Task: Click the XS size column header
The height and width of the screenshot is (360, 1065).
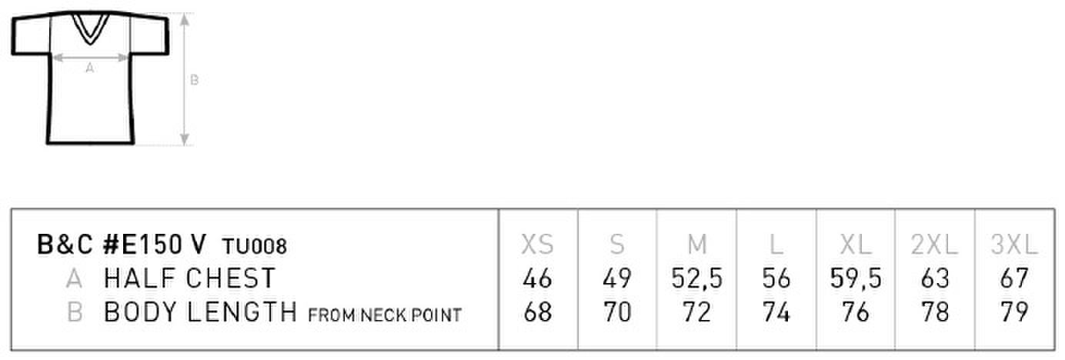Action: pyautogui.click(x=537, y=245)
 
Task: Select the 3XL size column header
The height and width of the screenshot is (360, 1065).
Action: pyautogui.click(x=1013, y=245)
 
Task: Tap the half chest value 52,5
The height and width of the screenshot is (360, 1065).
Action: pyautogui.click(x=696, y=278)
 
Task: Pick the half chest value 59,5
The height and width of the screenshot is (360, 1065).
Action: pyautogui.click(x=856, y=278)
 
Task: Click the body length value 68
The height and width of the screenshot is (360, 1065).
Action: pyautogui.click(x=538, y=312)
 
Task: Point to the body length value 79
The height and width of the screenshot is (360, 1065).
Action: pyautogui.click(x=1014, y=312)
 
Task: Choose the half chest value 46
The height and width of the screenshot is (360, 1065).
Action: pyautogui.click(x=537, y=278)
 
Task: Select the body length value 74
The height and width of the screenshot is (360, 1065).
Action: pyautogui.click(x=776, y=312)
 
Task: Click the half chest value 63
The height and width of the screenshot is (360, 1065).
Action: pyautogui.click(x=935, y=278)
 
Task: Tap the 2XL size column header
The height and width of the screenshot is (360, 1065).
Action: pyautogui.click(x=934, y=245)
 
